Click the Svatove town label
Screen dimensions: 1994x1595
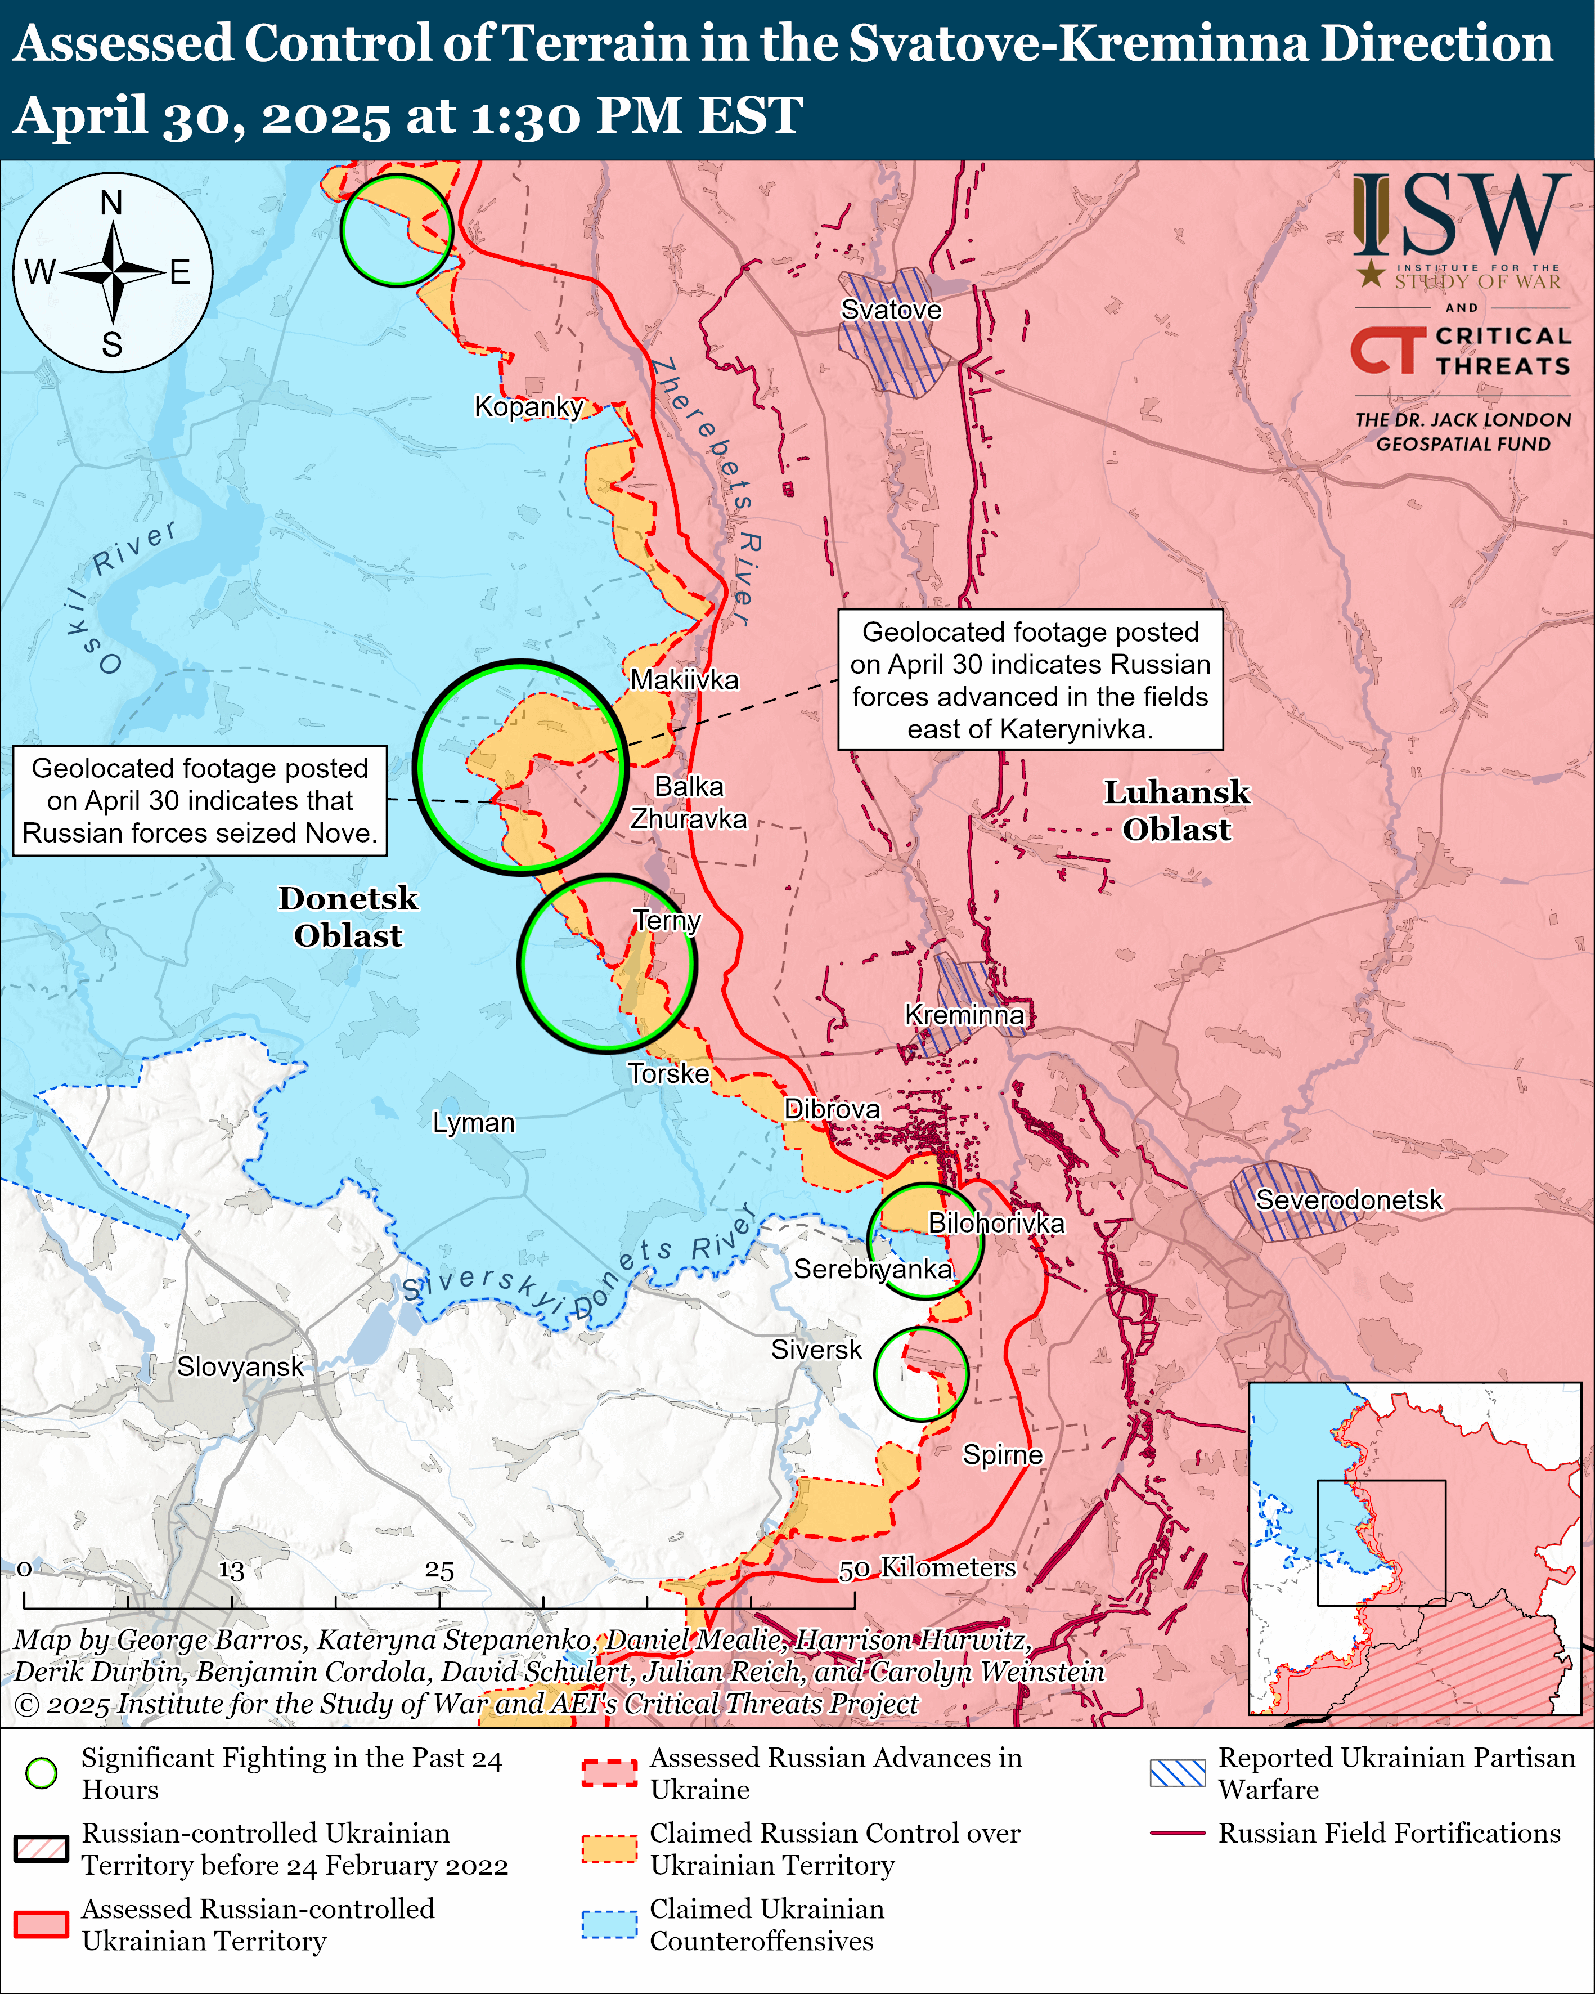pyautogui.click(x=891, y=310)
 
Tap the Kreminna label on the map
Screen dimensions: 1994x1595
pyautogui.click(x=964, y=1015)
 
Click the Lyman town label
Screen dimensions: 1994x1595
pyautogui.click(x=473, y=1123)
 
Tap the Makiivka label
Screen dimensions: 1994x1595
pyautogui.click(x=684, y=680)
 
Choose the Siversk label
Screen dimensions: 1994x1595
pyautogui.click(x=816, y=1350)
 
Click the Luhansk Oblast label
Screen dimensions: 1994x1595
pyautogui.click(x=1176, y=811)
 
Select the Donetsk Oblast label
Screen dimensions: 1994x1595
pyautogui.click(x=348, y=917)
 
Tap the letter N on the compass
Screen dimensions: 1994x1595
pyautogui.click(x=112, y=201)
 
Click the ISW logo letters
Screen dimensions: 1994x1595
pyautogui.click(x=1462, y=216)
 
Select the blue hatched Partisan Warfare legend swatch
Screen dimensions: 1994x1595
pyautogui.click(x=1177, y=1773)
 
